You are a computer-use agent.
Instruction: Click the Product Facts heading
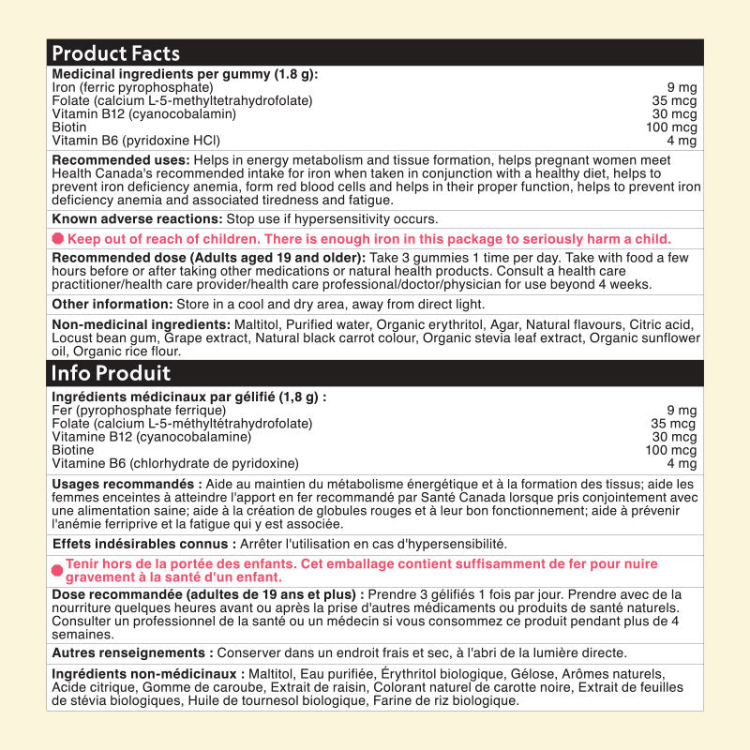(115, 53)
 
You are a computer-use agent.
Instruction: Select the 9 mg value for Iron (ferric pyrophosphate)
(682, 88)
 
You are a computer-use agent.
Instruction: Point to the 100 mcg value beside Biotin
(671, 127)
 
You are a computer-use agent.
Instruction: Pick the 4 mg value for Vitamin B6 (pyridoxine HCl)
(682, 141)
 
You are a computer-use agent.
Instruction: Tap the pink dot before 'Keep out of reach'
(58, 239)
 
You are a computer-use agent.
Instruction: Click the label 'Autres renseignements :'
(132, 652)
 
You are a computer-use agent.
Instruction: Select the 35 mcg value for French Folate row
(674, 424)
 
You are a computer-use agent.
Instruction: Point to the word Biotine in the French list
(73, 450)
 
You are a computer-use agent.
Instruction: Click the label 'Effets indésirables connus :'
(144, 544)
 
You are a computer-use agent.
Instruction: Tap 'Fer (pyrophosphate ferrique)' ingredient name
(139, 411)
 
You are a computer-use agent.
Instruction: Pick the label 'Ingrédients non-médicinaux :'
(148, 674)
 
